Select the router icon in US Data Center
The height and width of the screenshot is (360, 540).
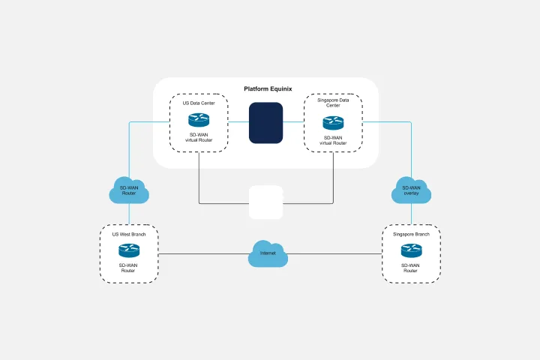(x=199, y=119)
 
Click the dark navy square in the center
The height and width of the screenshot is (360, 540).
(x=265, y=122)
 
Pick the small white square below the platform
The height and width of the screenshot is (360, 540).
(x=265, y=202)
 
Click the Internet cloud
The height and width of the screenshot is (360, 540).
(x=268, y=253)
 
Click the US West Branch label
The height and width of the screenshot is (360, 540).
(x=129, y=234)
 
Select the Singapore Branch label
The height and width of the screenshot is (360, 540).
(x=411, y=234)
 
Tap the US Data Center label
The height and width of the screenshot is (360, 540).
(x=199, y=103)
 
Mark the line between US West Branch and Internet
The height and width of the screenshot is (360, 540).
(x=202, y=254)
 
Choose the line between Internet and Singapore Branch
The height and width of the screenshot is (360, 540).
(x=334, y=254)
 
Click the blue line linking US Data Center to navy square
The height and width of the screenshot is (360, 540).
(x=238, y=120)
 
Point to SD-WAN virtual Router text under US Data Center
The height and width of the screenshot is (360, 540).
(x=199, y=137)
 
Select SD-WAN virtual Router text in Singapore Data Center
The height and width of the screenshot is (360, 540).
(x=333, y=140)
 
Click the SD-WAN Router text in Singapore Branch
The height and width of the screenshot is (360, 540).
(x=411, y=268)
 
